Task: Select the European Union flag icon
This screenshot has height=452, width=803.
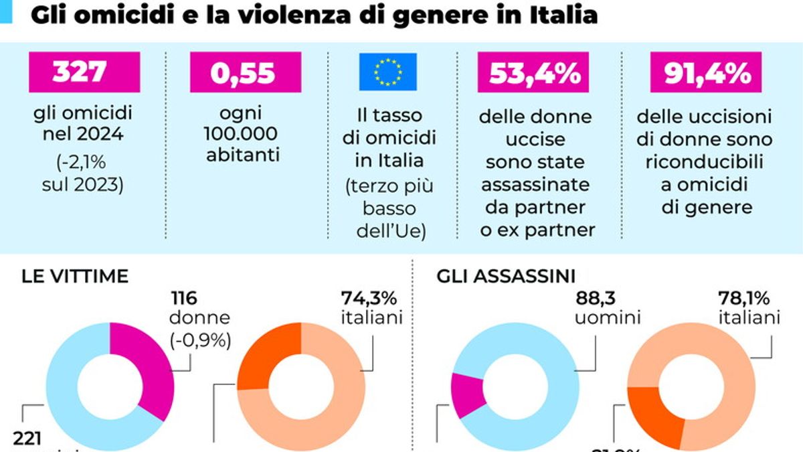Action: point(388,72)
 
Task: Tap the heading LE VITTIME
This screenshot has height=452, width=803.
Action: point(74,277)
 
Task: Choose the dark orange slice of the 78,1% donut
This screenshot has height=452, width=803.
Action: point(656,414)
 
